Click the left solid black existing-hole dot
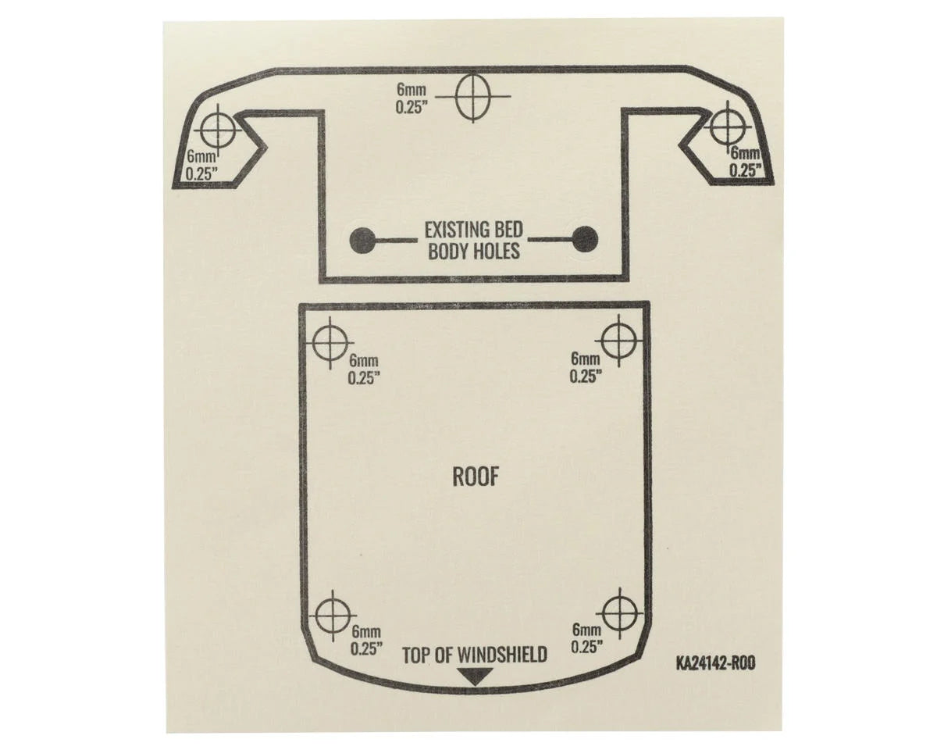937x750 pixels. (x=362, y=240)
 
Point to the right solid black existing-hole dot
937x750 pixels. (x=585, y=239)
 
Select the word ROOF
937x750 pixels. (x=475, y=477)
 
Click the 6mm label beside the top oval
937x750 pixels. (x=411, y=90)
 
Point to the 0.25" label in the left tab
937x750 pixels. (x=201, y=173)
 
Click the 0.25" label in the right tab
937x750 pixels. (x=746, y=170)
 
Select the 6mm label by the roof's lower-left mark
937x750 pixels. (x=367, y=631)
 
